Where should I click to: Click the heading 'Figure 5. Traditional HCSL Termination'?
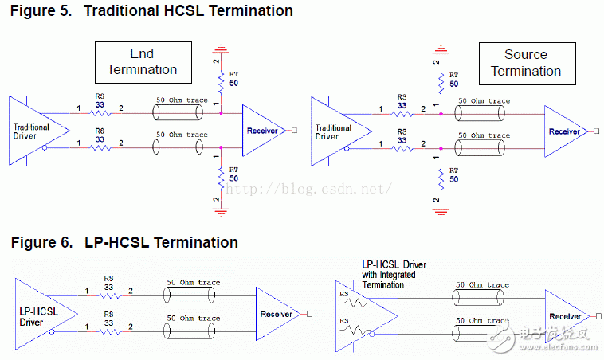(151, 11)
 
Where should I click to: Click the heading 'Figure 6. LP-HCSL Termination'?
(124, 242)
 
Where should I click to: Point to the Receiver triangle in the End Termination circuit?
(264, 130)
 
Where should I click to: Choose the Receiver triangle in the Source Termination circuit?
(565, 131)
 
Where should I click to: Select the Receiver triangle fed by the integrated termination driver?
(565, 316)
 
